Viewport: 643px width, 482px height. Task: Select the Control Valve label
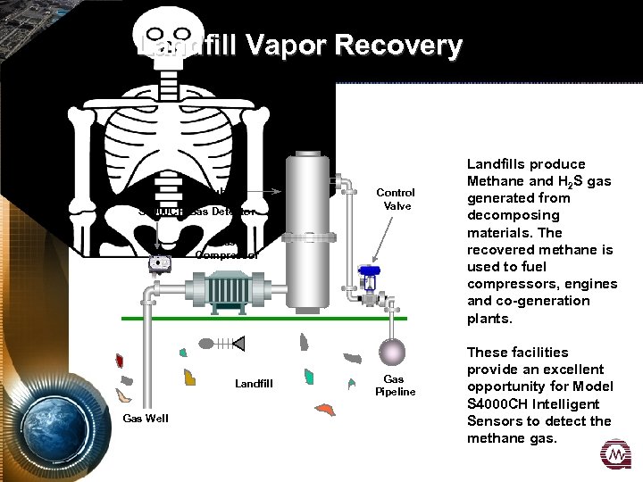click(395, 199)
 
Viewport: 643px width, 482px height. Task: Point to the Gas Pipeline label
click(395, 386)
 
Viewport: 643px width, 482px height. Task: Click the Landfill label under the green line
click(255, 384)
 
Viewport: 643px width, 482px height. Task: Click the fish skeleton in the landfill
click(224, 342)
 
